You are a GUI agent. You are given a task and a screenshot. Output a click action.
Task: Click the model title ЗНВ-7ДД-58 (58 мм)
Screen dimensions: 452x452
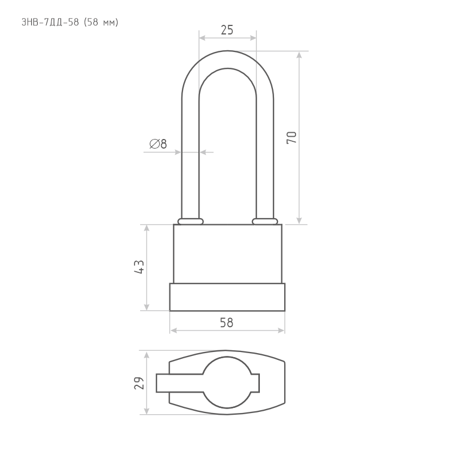69,22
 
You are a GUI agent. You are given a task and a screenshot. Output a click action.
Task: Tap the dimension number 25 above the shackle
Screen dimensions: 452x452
227,30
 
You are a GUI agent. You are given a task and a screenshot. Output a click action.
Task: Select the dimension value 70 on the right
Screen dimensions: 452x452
292,137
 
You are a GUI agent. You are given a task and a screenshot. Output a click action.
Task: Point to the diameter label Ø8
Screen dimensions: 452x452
158,144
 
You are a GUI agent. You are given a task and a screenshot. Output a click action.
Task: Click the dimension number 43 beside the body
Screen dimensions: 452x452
139,267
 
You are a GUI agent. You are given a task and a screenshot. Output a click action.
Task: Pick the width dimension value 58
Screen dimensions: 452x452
227,323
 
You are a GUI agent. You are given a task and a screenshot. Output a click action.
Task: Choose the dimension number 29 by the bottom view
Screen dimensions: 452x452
139,383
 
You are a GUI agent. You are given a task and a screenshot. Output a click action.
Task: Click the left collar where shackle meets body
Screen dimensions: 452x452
190,221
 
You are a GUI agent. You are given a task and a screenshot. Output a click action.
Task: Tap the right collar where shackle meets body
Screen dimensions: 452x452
265,221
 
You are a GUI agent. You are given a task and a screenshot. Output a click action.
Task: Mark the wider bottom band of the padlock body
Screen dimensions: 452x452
227,297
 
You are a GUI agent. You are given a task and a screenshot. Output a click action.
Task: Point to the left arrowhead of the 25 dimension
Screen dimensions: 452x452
202,38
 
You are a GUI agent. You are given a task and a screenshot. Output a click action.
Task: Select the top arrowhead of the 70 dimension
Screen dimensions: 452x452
299,54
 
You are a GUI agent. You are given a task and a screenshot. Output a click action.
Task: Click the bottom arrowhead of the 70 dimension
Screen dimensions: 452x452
299,221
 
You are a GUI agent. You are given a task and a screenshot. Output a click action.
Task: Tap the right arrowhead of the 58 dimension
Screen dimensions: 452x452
281,331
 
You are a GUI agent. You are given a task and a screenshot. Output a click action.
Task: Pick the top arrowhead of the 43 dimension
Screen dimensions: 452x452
146,228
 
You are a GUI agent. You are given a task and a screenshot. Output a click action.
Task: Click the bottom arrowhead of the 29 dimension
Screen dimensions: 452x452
146,411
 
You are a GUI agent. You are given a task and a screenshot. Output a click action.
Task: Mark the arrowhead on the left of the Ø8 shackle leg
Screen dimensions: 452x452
178,152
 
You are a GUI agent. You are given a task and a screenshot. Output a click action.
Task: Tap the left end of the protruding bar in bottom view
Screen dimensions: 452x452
157,383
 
